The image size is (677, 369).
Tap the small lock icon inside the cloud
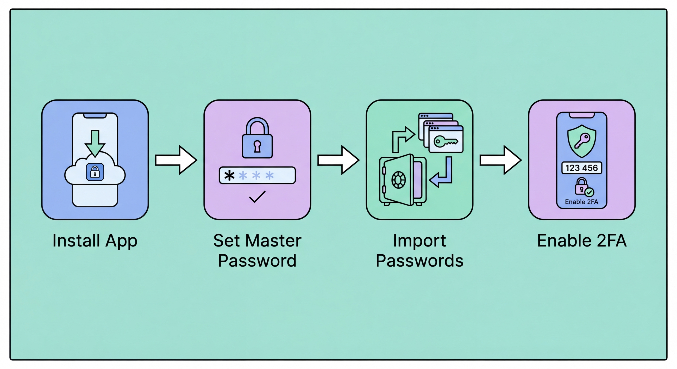click(x=95, y=172)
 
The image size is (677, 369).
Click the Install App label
click(x=95, y=240)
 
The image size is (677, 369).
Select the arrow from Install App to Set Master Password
click(x=176, y=160)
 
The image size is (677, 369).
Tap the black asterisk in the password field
click(x=229, y=175)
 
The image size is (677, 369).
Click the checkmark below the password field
click(x=257, y=197)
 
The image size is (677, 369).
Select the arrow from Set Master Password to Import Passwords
click(x=338, y=160)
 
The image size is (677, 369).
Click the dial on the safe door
click(x=398, y=180)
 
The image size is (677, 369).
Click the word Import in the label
click(x=420, y=240)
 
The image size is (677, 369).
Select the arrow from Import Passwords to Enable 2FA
click(x=500, y=160)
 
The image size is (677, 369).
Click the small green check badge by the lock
click(x=589, y=192)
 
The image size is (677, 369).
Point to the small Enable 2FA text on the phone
click(x=582, y=202)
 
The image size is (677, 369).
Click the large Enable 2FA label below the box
click(x=582, y=240)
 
